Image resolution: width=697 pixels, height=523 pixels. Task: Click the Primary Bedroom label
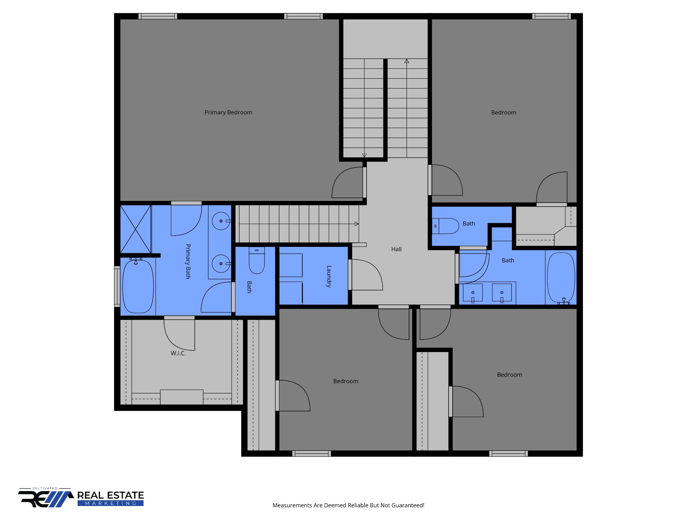(x=228, y=112)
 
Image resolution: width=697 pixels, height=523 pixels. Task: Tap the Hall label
(x=396, y=249)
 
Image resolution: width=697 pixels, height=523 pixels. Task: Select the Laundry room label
(x=329, y=276)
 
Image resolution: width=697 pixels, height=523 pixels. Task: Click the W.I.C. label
(x=178, y=353)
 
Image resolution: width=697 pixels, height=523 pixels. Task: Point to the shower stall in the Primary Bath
(x=135, y=229)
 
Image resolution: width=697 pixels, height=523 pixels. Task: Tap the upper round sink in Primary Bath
(x=221, y=221)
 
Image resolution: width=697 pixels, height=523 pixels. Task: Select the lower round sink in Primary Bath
(x=221, y=264)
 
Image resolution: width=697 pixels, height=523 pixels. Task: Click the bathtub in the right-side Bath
(x=561, y=278)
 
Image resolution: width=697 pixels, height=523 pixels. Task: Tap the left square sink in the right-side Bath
(x=473, y=292)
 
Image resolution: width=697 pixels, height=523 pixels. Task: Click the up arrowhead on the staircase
(x=407, y=61)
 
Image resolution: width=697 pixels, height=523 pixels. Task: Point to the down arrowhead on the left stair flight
(x=364, y=155)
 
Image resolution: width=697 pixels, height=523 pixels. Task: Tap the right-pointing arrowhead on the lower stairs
(x=357, y=224)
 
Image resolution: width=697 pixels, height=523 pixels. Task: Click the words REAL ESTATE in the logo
(x=110, y=495)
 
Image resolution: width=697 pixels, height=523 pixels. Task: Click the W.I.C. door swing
(x=180, y=334)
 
